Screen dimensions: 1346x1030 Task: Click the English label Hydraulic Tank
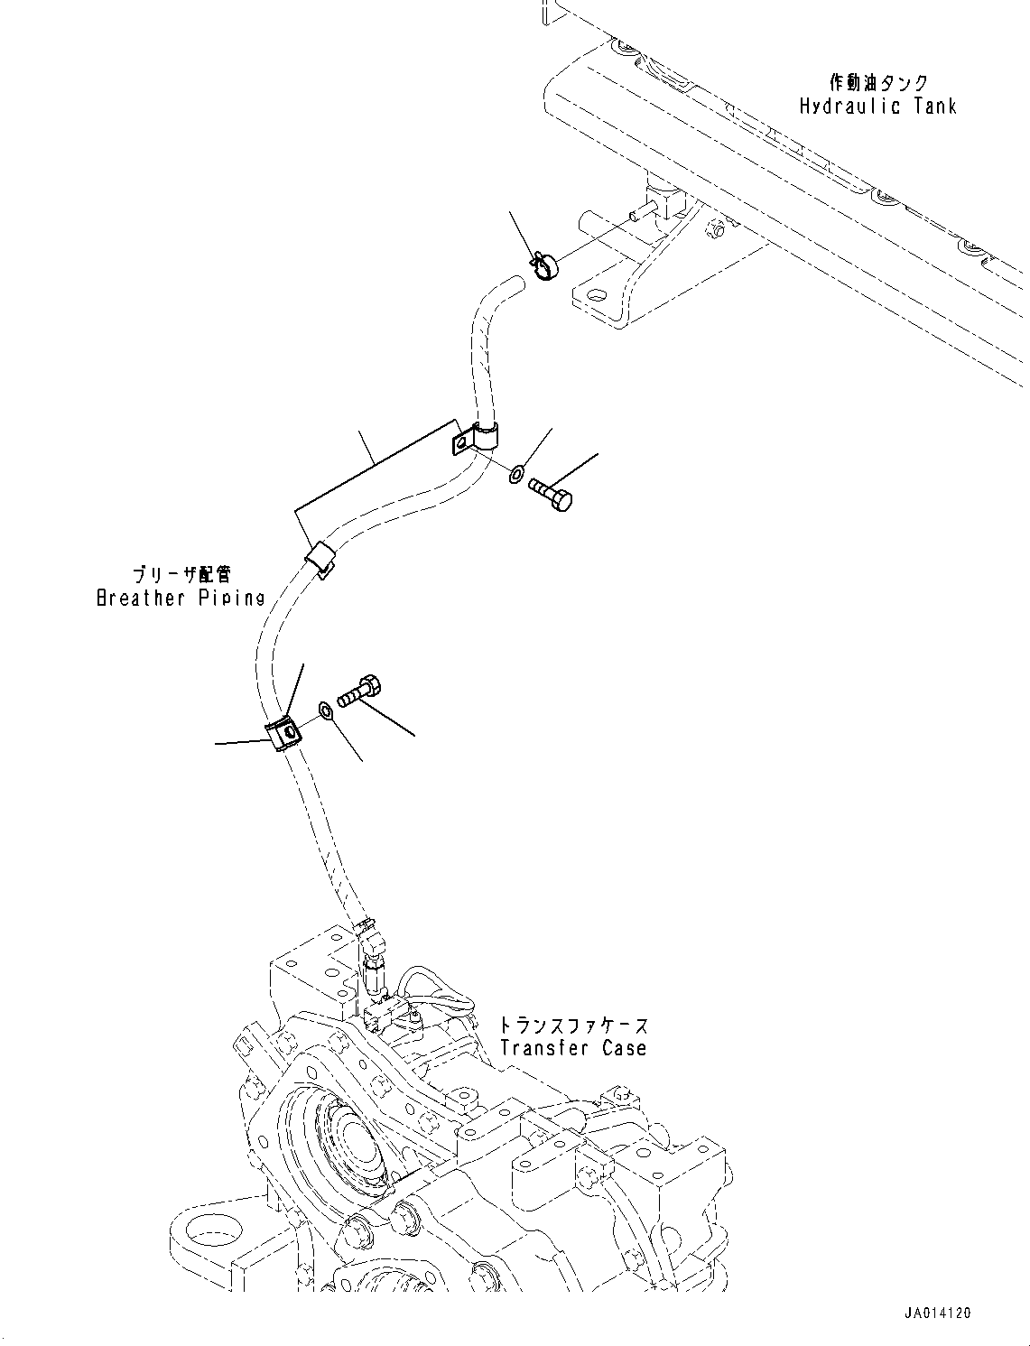pos(877,107)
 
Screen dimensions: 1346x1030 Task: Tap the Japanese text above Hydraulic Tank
pos(877,83)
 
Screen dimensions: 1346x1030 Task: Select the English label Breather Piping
pos(181,598)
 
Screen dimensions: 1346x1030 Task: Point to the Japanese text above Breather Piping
pos(181,574)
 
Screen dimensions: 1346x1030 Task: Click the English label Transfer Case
pos(573,1048)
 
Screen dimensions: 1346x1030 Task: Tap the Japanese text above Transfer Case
pos(573,1026)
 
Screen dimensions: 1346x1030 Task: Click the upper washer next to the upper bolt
pos(517,472)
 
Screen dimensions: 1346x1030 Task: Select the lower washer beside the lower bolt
pos(326,711)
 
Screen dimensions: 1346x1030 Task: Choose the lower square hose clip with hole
pos(283,730)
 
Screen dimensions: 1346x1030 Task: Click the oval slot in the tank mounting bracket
pos(595,295)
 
